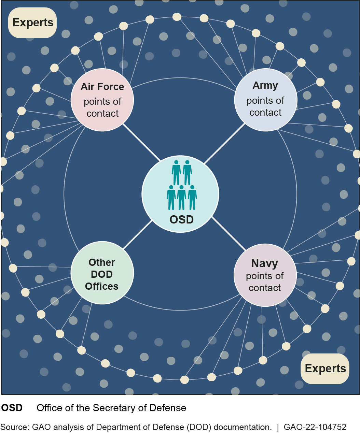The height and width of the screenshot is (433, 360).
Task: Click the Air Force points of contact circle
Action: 102,100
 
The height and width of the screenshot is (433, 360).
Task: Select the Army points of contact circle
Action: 266,100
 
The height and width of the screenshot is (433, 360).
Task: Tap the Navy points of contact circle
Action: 265,275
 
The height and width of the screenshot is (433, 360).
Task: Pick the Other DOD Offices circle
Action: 102,273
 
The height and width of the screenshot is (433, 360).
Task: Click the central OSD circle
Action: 180,194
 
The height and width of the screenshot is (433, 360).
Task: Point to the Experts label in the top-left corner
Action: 33,23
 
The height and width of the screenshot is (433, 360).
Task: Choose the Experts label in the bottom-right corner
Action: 325,369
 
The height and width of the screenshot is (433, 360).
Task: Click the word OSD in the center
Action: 181,219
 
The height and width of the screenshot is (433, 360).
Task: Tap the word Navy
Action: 264,263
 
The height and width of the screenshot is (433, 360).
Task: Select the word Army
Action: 265,85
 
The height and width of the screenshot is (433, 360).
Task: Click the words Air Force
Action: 102,87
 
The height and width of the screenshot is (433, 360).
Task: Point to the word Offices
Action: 102,286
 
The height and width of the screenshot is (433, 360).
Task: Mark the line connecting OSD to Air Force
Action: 141,142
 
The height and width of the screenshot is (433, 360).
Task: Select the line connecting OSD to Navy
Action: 229,233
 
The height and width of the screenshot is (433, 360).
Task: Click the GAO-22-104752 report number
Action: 315,427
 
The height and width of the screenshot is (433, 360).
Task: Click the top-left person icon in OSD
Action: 176,172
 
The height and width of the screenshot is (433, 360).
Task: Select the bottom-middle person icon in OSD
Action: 181,197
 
